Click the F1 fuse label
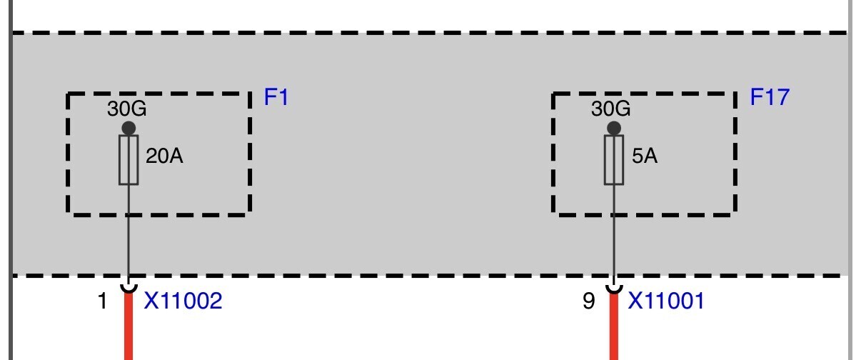276,97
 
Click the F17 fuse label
770,97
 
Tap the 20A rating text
164,156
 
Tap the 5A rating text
645,156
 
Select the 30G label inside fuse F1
127,109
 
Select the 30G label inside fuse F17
611,109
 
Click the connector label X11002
183,301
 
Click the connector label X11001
666,301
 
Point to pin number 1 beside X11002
102,301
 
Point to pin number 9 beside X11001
589,301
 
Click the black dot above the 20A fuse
129,129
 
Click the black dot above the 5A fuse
614,129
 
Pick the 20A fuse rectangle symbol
129,160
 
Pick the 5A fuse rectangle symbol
614,160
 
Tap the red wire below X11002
129,327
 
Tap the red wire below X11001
614,327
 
